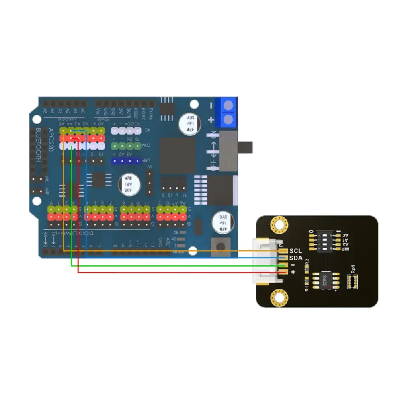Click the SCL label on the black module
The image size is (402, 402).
(x=295, y=251)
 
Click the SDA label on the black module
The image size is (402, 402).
(x=295, y=258)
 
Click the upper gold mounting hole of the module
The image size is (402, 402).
(x=279, y=225)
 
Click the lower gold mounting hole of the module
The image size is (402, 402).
(x=279, y=298)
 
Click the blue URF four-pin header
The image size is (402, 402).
(x=126, y=161)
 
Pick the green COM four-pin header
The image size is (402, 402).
(x=126, y=145)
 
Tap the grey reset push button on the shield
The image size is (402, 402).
(x=221, y=246)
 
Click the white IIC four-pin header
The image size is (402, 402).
(x=126, y=131)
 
